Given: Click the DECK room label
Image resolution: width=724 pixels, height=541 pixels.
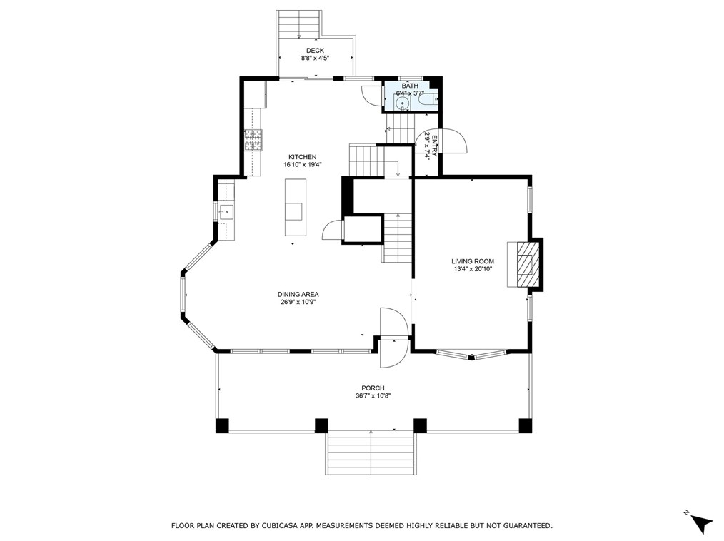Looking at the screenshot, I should click(315, 50).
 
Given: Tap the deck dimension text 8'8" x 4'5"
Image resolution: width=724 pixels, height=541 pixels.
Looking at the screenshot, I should click(315, 58).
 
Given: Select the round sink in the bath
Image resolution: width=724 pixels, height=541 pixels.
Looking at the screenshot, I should click(403, 104).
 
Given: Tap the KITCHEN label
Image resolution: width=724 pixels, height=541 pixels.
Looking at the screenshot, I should click(302, 157).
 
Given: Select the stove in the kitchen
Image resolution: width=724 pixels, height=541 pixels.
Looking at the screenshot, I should click(253, 141).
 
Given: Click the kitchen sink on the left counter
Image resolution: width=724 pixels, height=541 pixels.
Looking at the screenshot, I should click(226, 212).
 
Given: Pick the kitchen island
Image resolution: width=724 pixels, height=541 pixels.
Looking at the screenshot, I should click(295, 207).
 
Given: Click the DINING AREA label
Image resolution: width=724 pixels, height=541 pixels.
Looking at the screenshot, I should click(298, 294).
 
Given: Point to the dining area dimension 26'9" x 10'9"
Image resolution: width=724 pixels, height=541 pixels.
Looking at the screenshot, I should click(298, 302).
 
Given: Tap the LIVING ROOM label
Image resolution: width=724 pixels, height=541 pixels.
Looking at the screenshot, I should click(472, 261).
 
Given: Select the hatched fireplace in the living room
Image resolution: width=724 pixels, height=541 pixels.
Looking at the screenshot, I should click(525, 265).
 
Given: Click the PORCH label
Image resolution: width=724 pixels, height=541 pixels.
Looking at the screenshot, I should click(373, 388).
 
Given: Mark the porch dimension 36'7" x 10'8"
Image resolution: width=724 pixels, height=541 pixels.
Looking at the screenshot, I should click(373, 396).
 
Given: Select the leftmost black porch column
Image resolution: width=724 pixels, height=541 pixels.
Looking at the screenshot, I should click(223, 425).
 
